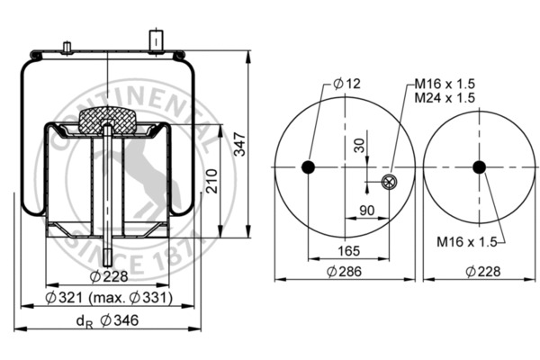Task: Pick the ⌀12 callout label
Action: tap(346, 84)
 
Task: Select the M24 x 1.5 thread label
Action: tap(445, 97)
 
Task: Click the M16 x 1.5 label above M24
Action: tap(445, 84)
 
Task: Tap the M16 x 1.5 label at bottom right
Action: tap(466, 241)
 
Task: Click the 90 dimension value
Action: tap(368, 211)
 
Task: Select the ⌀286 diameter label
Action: tap(345, 271)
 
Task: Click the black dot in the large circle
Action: tap(309, 167)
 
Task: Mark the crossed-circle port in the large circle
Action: tap(389, 184)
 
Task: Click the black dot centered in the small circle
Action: tap(479, 167)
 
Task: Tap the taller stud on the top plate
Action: tap(154, 40)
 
